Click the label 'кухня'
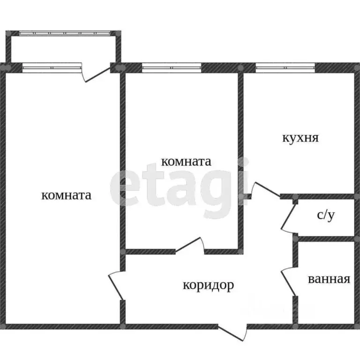point(300,138)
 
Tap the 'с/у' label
point(326,215)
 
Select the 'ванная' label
point(329,279)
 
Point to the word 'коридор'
point(208,285)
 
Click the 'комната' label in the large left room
point(66,195)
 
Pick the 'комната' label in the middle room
point(186,162)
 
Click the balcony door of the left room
point(97,74)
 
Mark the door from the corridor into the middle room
point(189,247)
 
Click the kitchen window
point(285,67)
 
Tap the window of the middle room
point(172,67)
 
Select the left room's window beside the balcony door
point(52,67)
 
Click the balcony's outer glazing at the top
point(66,33)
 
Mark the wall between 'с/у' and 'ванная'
point(326,239)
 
